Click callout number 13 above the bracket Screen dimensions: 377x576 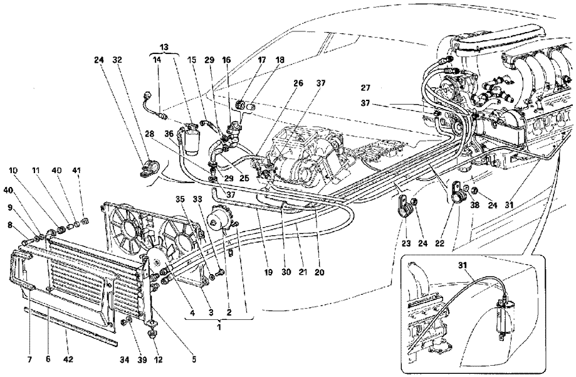click(164, 48)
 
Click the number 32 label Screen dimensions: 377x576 click(117, 60)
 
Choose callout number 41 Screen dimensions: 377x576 click(94, 171)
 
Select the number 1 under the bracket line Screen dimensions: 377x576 click(219, 326)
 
